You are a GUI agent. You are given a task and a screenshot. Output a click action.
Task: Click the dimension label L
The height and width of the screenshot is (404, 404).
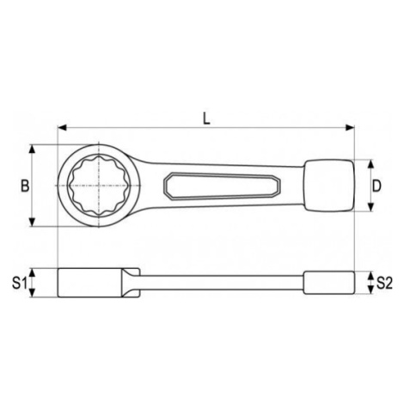point(206,118)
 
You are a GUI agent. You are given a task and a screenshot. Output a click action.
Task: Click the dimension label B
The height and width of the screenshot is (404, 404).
point(25,186)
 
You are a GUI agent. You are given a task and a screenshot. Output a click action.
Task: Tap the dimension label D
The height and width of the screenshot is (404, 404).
point(376,186)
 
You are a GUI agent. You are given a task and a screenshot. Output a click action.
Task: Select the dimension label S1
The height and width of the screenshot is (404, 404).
point(19,284)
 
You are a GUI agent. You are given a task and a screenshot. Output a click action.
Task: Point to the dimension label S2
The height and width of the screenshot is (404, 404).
point(384,283)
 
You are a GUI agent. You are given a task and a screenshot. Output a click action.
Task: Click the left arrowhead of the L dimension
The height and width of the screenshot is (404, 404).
point(62,127)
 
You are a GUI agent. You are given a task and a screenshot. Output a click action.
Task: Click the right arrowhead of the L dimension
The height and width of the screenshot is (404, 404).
point(350,127)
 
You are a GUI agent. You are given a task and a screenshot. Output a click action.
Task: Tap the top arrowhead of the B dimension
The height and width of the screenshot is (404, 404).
point(33,150)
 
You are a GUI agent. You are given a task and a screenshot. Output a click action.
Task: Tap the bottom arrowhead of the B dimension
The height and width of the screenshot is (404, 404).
point(33,222)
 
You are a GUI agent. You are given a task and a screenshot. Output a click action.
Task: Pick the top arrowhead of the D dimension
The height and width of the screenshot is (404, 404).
point(371,164)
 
